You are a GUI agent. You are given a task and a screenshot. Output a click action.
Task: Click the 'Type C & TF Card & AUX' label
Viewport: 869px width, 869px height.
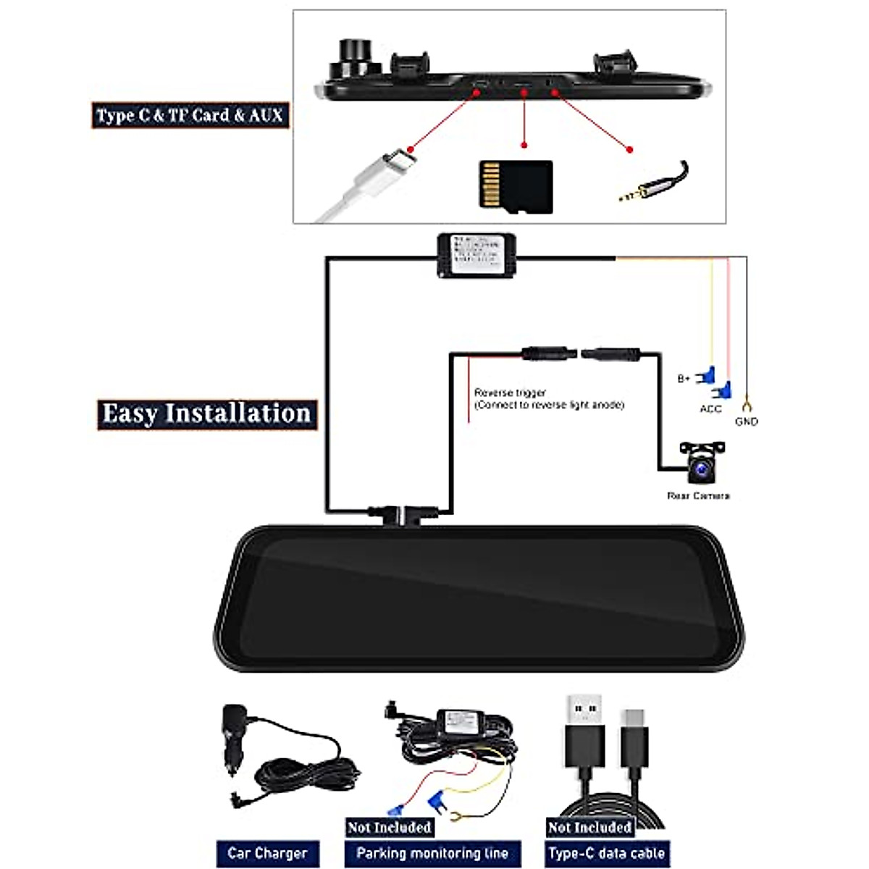(x=190, y=115)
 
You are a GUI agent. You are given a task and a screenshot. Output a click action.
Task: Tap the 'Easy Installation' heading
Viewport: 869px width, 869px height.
(x=207, y=414)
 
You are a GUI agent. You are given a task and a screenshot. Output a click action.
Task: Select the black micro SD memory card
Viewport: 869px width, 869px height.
(x=516, y=186)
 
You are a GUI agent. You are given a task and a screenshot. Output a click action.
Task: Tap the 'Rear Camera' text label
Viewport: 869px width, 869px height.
(x=698, y=496)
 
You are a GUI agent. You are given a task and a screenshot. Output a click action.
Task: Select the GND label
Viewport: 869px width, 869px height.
(x=746, y=421)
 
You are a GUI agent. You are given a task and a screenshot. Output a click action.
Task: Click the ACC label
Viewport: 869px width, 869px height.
(x=710, y=409)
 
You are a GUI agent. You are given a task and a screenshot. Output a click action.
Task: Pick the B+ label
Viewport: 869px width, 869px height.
(x=684, y=379)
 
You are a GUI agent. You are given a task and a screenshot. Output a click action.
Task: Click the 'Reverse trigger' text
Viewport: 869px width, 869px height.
(x=510, y=392)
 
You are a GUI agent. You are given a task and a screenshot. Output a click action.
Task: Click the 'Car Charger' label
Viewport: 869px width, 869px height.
(x=267, y=853)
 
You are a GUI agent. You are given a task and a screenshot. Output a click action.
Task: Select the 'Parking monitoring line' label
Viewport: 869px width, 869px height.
(x=432, y=853)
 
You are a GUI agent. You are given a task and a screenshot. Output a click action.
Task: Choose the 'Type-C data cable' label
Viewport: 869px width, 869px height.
(x=606, y=853)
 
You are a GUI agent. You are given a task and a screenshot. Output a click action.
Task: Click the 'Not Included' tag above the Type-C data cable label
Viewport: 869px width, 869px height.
(x=589, y=827)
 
